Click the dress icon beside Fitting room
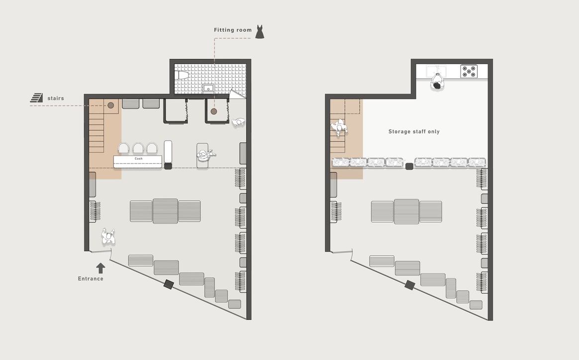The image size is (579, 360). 260,32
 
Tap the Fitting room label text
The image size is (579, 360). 233,30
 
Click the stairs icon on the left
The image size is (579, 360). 36,98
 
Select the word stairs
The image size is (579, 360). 56,98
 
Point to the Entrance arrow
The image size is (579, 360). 100,268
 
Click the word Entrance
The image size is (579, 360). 91,279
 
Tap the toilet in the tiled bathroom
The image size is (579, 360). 183,75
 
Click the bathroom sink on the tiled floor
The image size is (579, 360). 208,88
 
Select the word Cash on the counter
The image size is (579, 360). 138,159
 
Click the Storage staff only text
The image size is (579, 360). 414,131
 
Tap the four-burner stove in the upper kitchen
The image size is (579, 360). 469,71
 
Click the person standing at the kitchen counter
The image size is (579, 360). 437,82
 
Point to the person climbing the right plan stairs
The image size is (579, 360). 339,127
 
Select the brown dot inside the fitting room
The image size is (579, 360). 214,111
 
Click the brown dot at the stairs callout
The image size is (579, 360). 111,105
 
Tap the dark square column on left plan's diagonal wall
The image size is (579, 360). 169,284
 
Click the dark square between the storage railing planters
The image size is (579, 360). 409,166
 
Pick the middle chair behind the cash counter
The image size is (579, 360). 138,148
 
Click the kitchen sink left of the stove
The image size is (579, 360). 436,71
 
